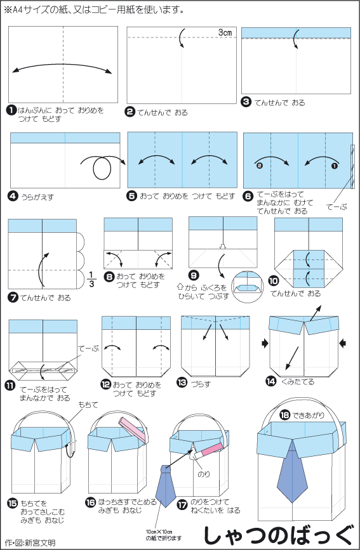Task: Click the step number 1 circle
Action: (x=12, y=110)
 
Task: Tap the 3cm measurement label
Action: (x=225, y=32)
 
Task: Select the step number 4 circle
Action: (x=13, y=197)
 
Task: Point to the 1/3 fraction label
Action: (x=91, y=279)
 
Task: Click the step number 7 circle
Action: (x=12, y=298)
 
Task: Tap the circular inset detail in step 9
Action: (x=248, y=286)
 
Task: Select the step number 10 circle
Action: (x=274, y=281)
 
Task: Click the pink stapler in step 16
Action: (x=132, y=429)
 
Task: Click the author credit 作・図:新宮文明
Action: (x=30, y=543)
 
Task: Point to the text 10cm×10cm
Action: (x=159, y=532)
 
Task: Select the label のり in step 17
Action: (x=204, y=475)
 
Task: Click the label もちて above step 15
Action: (x=88, y=405)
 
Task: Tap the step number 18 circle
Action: (x=284, y=416)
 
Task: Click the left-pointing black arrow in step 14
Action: (x=342, y=343)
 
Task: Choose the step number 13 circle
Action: (x=182, y=382)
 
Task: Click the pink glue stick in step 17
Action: (x=207, y=451)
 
